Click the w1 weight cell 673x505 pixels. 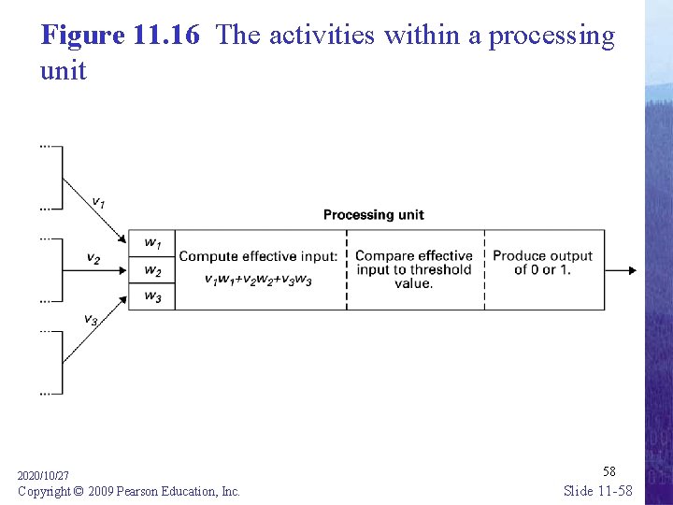(151, 244)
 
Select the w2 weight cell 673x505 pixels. (151, 271)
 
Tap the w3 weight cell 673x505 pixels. (151, 297)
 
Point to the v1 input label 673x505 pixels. (97, 201)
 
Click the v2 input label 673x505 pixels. (93, 258)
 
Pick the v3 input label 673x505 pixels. (91, 320)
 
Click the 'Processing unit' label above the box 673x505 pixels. (373, 215)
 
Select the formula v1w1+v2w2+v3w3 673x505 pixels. (258, 280)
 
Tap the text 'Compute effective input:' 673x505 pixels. (258, 256)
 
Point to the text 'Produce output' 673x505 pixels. (542, 256)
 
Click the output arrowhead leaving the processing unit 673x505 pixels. (632, 270)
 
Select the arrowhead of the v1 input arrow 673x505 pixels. (122, 238)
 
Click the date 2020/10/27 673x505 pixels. (43, 476)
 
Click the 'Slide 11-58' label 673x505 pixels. (598, 491)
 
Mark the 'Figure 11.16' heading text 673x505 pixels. (121, 36)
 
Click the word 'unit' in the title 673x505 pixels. (63, 70)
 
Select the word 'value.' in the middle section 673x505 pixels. (413, 283)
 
